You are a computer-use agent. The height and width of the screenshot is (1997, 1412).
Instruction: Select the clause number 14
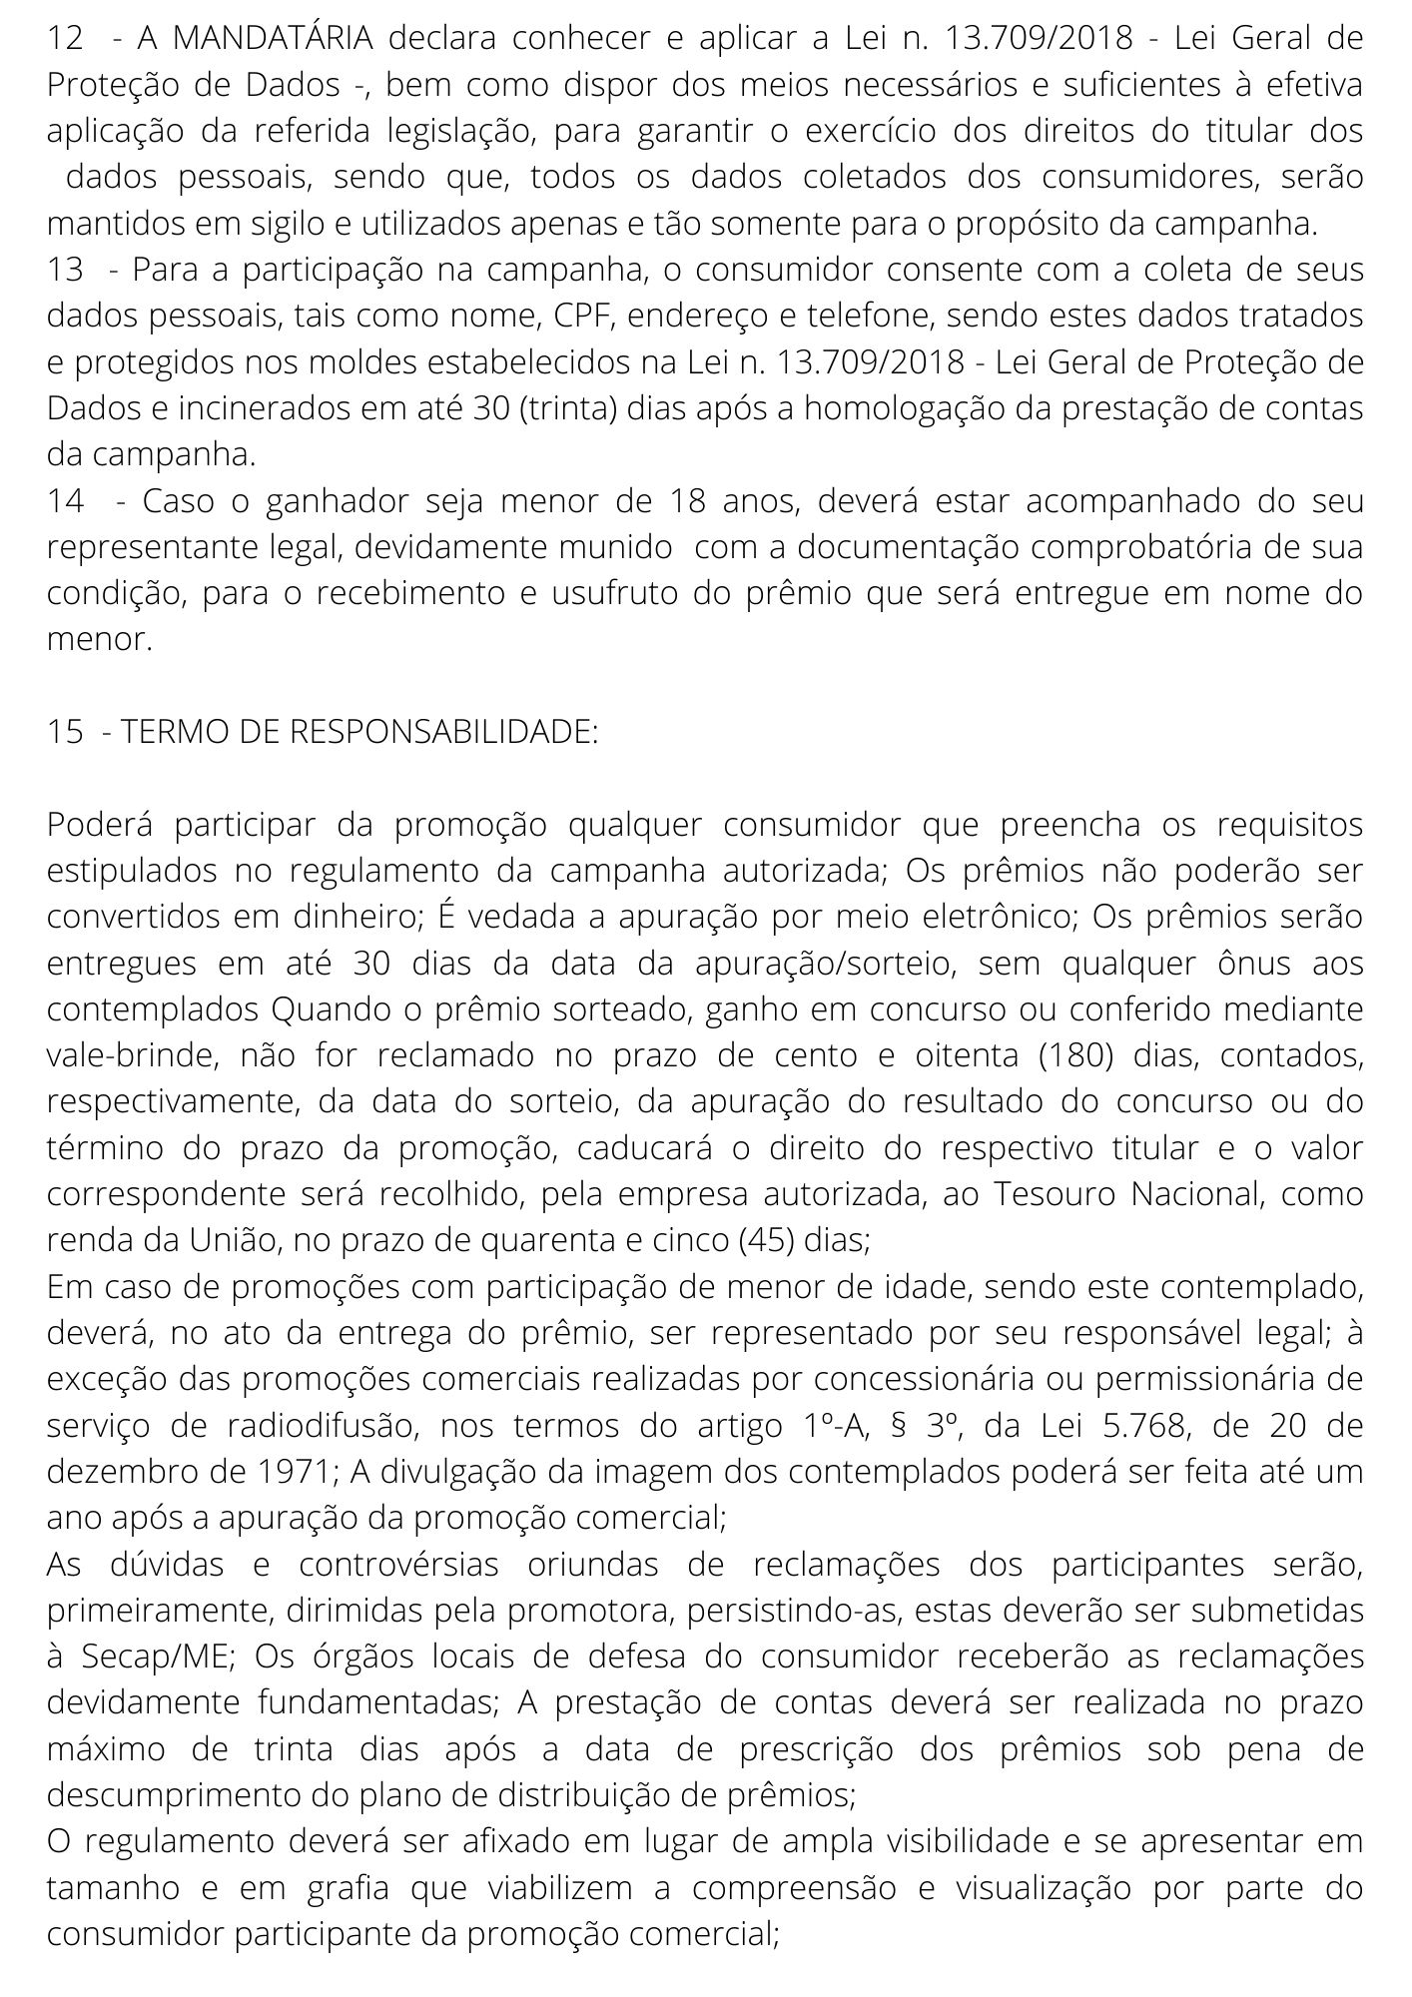[x=66, y=501]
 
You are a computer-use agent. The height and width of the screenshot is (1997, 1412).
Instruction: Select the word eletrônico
[x=1000, y=917]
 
